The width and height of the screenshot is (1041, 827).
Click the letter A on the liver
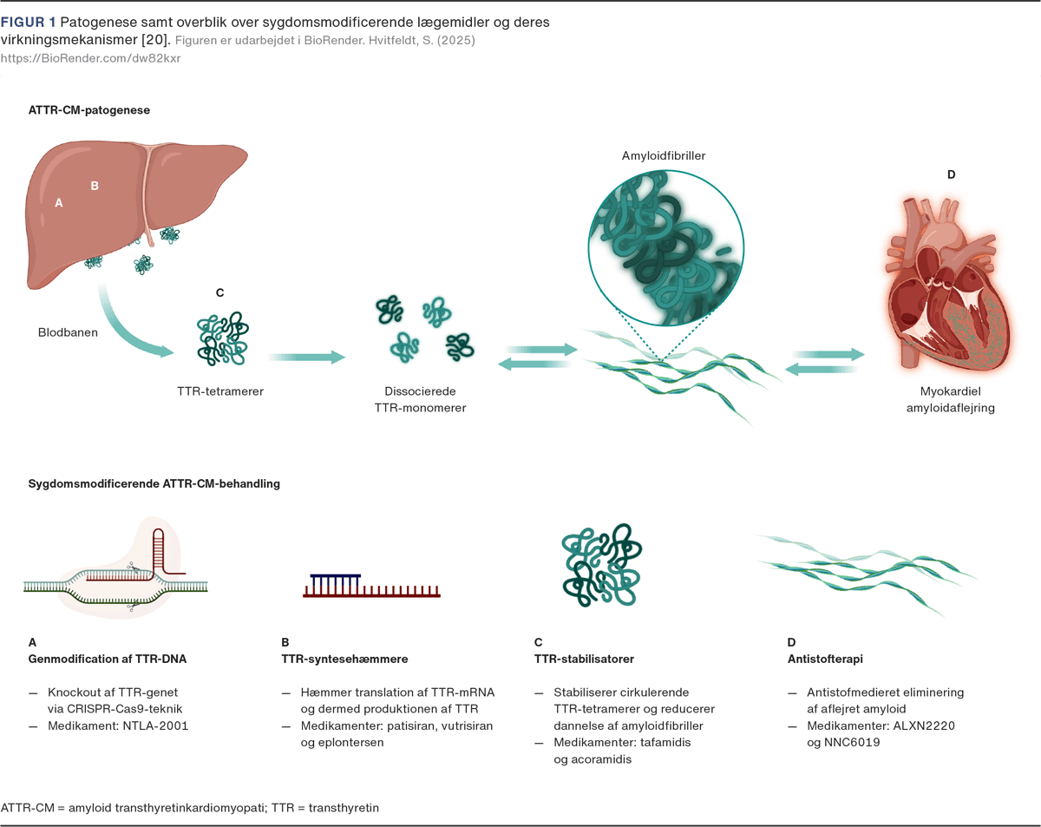pyautogui.click(x=59, y=202)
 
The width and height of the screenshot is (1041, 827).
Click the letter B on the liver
pyautogui.click(x=95, y=185)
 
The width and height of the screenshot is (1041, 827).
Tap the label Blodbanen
pyautogui.click(x=67, y=332)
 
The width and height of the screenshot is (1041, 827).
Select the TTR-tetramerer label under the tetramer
pyautogui.click(x=219, y=391)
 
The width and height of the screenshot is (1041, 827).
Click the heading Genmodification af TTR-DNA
pyautogui.click(x=108, y=659)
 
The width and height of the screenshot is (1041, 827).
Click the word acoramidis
pyautogui.click(x=593, y=758)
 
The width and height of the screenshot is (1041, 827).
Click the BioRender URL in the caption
pyautogui.click(x=90, y=58)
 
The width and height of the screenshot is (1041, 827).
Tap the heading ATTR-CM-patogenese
pyautogui.click(x=90, y=110)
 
